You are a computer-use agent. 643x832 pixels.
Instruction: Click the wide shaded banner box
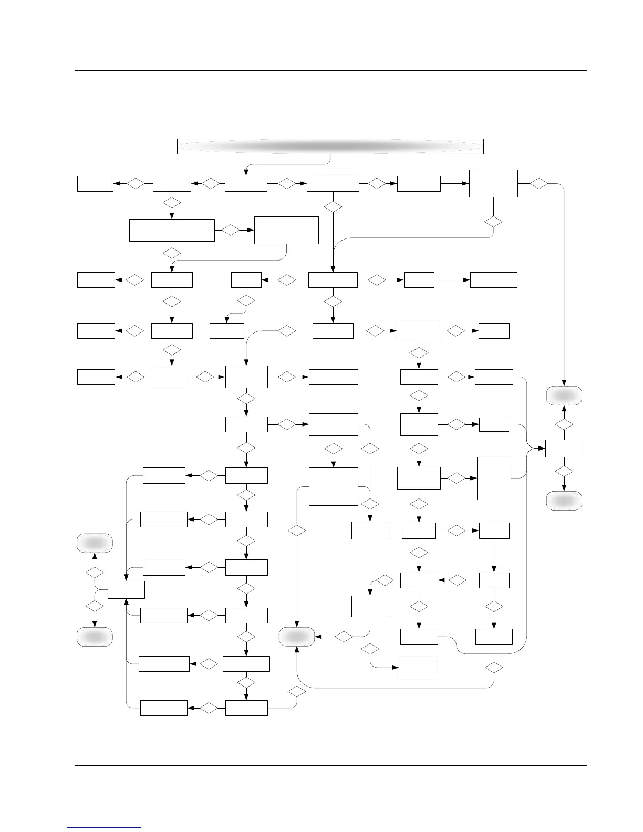330,147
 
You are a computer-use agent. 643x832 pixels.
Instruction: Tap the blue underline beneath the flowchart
104,827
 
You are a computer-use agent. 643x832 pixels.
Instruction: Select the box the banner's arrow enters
246,184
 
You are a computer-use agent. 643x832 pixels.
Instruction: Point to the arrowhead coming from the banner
246,173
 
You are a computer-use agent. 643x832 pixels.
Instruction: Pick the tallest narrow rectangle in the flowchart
494,478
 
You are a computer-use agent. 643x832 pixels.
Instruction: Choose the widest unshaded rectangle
172,230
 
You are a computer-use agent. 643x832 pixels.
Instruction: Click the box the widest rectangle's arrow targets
286,230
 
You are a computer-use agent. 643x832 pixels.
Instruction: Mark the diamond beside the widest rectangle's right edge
230,230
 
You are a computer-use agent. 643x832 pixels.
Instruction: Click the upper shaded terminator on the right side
564,396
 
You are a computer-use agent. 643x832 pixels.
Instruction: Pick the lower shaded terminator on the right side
564,501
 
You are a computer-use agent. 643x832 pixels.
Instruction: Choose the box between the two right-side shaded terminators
564,449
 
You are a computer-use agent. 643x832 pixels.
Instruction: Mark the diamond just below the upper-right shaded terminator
564,423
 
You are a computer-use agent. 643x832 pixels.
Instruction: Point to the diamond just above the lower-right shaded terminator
564,471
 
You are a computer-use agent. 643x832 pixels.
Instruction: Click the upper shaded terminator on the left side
95,543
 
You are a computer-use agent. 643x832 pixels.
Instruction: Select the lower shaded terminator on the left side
95,636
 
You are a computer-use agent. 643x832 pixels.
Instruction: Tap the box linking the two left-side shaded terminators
126,589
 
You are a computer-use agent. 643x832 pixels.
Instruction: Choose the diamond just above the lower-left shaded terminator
95,606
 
